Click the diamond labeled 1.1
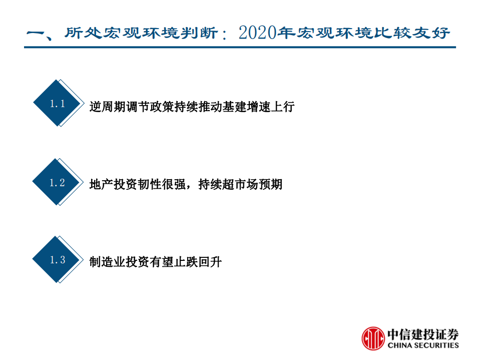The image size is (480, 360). coord(57,104)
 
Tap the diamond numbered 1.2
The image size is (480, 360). coord(57,182)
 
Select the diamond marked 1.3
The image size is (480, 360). coord(57,259)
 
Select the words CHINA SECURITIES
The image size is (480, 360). coord(422,345)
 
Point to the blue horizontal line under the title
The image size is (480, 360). coord(240,48)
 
